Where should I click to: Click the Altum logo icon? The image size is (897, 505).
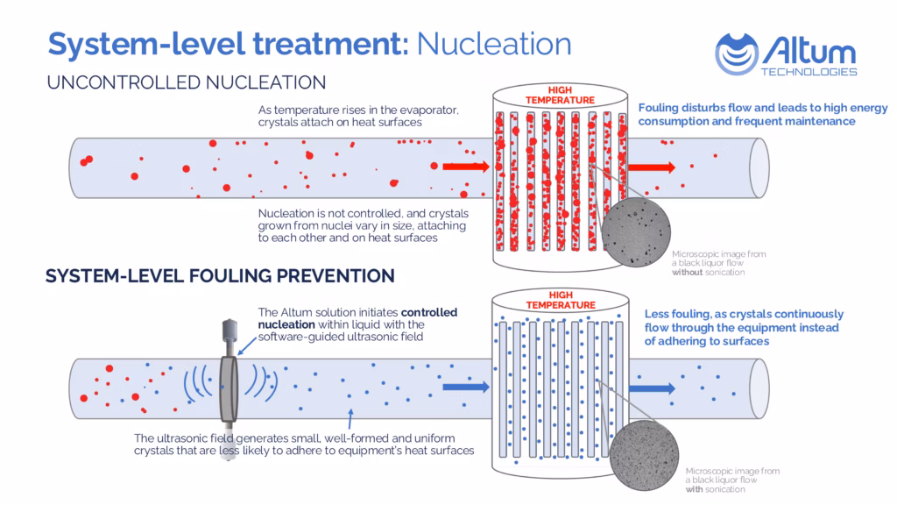click(736, 53)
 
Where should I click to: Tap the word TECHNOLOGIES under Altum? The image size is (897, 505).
click(810, 71)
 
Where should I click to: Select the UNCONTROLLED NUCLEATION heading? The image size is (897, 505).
click(187, 82)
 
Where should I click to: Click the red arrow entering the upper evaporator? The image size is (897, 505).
click(465, 165)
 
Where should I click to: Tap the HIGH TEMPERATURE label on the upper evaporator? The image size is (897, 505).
click(560, 96)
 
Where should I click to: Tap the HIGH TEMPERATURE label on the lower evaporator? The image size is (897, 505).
click(560, 301)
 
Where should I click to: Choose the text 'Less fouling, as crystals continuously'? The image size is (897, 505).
click(744, 314)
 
